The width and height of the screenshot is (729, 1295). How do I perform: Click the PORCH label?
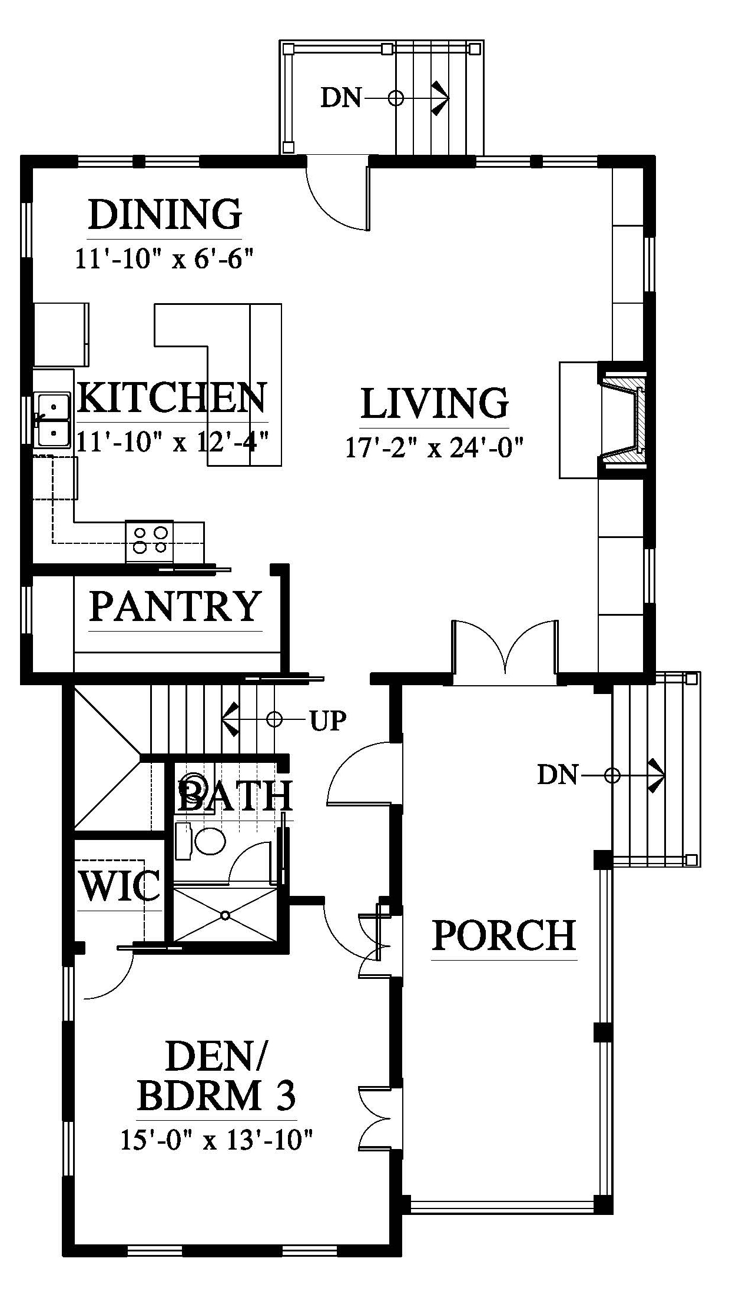tap(504, 935)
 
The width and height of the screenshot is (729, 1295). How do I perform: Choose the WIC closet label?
tap(120, 885)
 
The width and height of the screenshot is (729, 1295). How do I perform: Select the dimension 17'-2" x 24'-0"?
tap(435, 449)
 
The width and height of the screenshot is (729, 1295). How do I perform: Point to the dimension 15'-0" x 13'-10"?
tap(216, 1141)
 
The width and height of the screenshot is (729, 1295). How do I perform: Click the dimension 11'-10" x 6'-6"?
tap(164, 258)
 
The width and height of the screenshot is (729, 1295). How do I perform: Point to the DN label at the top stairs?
tap(341, 98)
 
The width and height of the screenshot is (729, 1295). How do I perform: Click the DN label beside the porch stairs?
tap(558, 775)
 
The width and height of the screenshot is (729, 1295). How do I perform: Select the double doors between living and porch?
tap(505, 650)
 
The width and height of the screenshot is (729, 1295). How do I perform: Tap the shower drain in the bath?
tap(226, 915)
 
